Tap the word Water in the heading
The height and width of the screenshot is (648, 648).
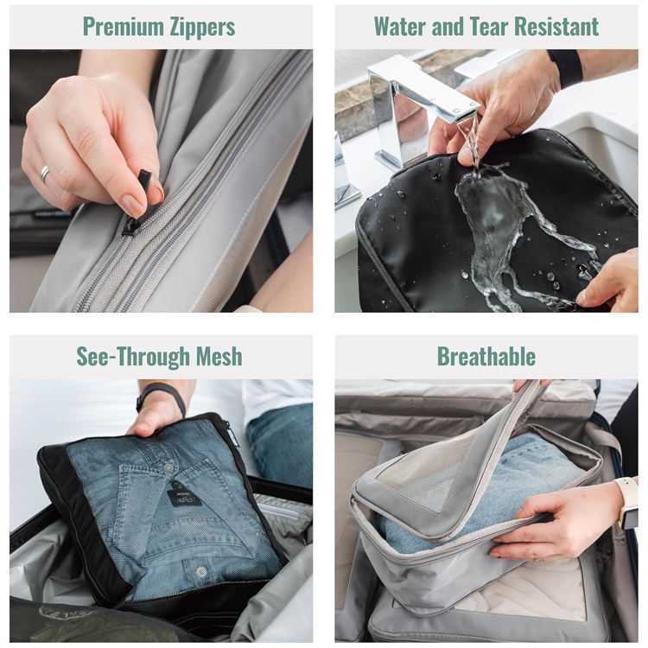400,27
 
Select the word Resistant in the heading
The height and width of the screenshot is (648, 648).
559,27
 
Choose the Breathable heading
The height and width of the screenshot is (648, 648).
486,356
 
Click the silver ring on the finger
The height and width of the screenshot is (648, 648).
45,174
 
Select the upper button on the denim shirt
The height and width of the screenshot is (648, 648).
168,468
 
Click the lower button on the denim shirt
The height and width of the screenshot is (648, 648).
200,572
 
